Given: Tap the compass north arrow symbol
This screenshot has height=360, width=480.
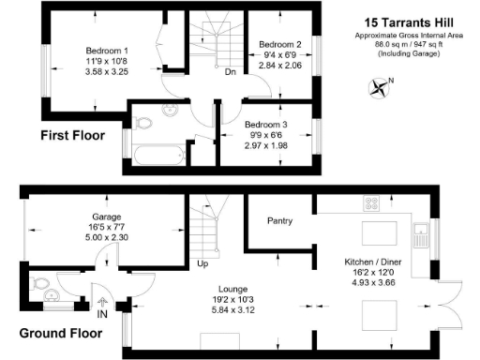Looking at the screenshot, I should click(379, 88).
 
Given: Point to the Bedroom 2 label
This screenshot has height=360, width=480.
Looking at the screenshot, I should click(279, 44).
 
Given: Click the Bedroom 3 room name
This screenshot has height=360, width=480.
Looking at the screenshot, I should click(266, 123).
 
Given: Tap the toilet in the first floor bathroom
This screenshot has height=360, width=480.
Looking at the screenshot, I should click(143, 123).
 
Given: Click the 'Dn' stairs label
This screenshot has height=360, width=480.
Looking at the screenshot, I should click(230, 70).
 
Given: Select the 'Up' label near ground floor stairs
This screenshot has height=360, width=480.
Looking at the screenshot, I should click(202, 263).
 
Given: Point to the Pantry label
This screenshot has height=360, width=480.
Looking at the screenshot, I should click(280, 221).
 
